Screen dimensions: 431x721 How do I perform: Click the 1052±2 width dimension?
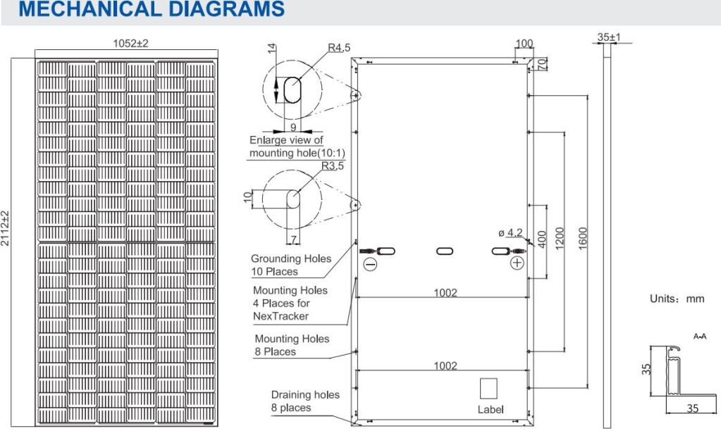(x=130, y=44)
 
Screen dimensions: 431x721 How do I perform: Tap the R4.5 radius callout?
(x=339, y=48)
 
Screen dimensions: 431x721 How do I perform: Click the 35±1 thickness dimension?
(x=608, y=36)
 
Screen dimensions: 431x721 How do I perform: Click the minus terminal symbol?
(x=371, y=264)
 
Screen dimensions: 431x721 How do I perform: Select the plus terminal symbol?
(x=517, y=263)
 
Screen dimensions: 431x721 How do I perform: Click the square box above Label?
(x=488, y=389)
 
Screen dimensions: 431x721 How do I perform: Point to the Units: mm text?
(x=677, y=299)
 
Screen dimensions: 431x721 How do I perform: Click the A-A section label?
(x=700, y=337)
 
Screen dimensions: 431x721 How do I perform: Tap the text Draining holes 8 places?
(x=304, y=401)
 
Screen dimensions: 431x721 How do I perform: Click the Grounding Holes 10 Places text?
(x=290, y=265)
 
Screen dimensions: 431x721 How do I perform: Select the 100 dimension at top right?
(x=524, y=44)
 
